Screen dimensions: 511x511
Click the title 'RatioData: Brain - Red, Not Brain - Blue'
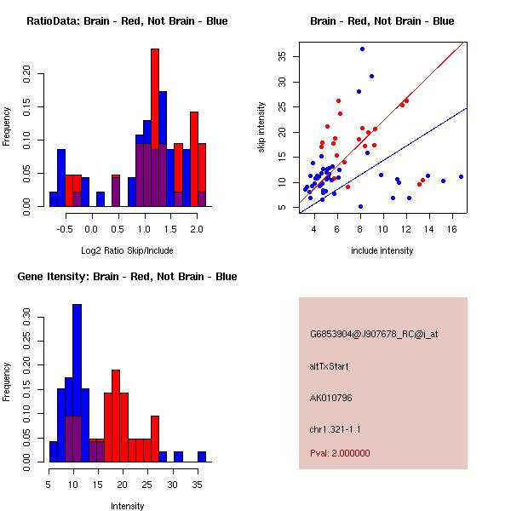pyautogui.click(x=127, y=21)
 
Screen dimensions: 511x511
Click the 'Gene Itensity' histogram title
pyautogui.click(x=127, y=277)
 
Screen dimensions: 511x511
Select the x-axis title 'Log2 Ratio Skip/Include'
pyautogui.click(x=127, y=250)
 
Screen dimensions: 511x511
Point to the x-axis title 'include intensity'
pyautogui.click(x=382, y=250)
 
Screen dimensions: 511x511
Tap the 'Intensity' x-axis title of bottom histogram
pyautogui.click(x=127, y=506)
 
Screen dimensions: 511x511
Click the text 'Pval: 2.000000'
pyautogui.click(x=340, y=453)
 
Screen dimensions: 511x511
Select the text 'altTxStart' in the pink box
pyautogui.click(x=330, y=366)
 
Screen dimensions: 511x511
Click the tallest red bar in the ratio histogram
pyautogui.click(x=155, y=128)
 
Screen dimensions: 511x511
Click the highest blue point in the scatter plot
pyautogui.click(x=362, y=49)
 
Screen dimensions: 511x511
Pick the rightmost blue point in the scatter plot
pyautogui.click(x=461, y=176)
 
